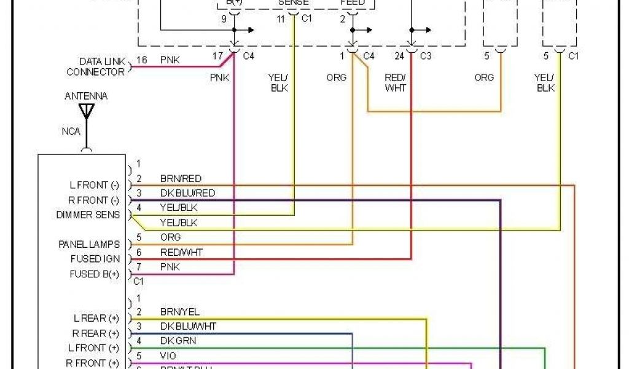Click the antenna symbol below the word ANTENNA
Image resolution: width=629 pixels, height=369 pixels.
[x=87, y=111]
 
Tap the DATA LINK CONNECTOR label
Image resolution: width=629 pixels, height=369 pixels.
[x=95, y=66]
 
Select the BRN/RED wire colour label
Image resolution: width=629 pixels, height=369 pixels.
[x=181, y=178]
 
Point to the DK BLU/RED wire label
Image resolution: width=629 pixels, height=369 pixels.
[x=187, y=193]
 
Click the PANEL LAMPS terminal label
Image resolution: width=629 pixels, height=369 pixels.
[x=89, y=244]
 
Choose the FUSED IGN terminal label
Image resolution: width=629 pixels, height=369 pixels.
[x=95, y=259]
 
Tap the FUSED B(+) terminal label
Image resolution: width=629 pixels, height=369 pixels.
[x=95, y=274]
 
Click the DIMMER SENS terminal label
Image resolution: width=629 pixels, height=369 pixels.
[x=87, y=215]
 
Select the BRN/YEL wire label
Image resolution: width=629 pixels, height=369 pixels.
[x=179, y=312]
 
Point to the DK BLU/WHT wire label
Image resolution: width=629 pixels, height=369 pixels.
[x=187, y=326]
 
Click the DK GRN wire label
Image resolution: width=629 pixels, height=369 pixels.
[x=178, y=341]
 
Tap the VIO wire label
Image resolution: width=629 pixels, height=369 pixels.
[x=168, y=355]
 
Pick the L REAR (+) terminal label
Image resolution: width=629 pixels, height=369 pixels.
[x=96, y=319]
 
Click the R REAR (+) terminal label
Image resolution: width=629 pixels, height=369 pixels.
[x=96, y=333]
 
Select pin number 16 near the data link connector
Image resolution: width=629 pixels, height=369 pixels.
[x=142, y=60]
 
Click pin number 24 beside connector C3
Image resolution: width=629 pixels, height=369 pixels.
[x=400, y=57]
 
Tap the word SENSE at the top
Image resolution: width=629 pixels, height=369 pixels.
[x=293, y=2]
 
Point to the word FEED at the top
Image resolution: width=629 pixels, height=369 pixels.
[x=353, y=2]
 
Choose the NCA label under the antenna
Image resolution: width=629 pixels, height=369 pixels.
[x=71, y=131]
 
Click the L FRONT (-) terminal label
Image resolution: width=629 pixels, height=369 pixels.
[x=94, y=184]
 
